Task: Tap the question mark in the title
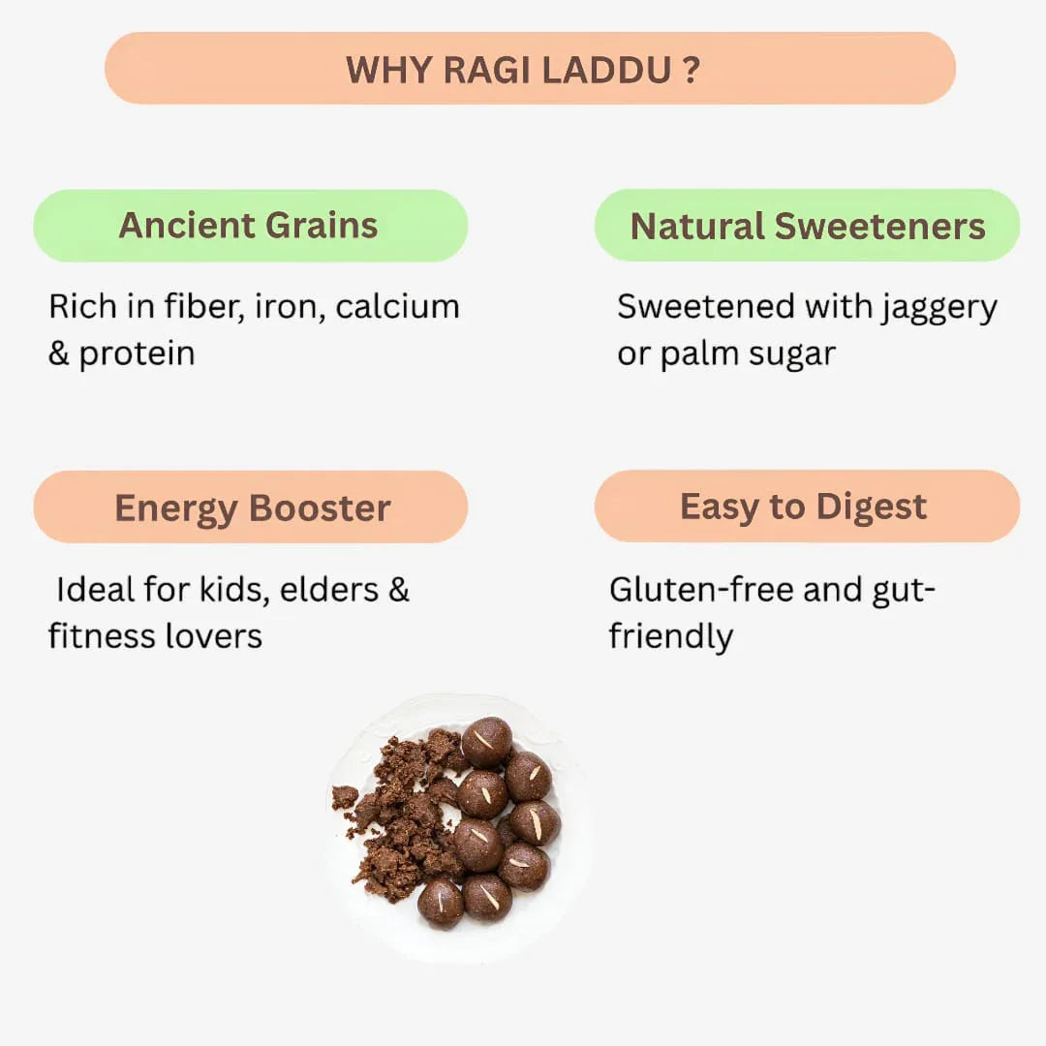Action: pyautogui.click(x=690, y=70)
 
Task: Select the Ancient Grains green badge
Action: pyautogui.click(x=250, y=226)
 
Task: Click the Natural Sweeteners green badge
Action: pyautogui.click(x=807, y=226)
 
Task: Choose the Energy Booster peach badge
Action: pyautogui.click(x=251, y=508)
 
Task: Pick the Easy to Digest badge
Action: pyautogui.click(x=806, y=507)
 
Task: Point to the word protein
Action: pyautogui.click(x=137, y=354)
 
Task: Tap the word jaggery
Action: pyautogui.click(x=938, y=309)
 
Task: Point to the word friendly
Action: pyautogui.click(x=670, y=637)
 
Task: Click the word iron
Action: pyautogui.click(x=288, y=307)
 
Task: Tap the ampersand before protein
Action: pyautogui.click(x=59, y=354)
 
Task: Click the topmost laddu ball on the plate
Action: pyautogui.click(x=486, y=742)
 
